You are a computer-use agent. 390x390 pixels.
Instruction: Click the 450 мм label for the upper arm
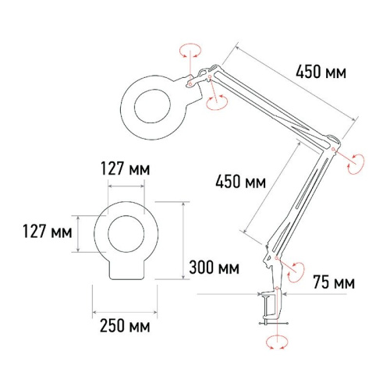pos(321,73)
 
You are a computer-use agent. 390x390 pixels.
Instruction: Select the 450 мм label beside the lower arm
pos(239,182)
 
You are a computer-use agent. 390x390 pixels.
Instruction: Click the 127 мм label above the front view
pos(126,168)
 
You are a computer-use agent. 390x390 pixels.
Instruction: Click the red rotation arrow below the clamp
pos(273,341)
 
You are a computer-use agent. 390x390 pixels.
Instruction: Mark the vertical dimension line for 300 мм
pos(183,238)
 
